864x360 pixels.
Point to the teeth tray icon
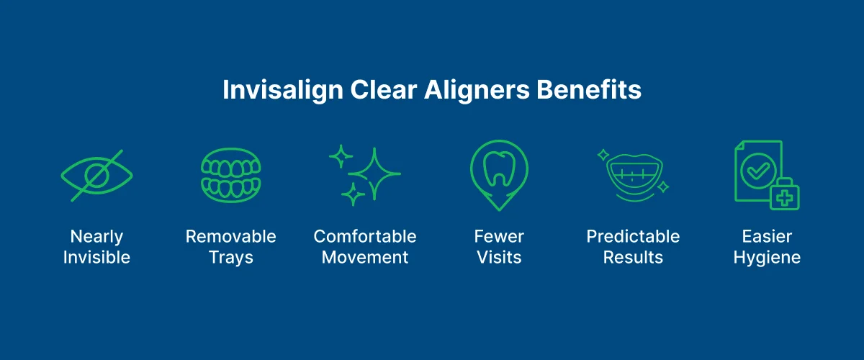pyautogui.click(x=230, y=175)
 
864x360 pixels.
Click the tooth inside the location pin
pyautogui.click(x=498, y=169)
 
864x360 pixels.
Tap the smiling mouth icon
pyautogui.click(x=632, y=177)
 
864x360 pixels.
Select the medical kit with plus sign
pyautogui.click(x=784, y=194)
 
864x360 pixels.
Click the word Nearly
pyautogui.click(x=96, y=236)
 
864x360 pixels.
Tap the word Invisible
pyautogui.click(x=96, y=257)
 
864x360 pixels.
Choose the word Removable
pyautogui.click(x=230, y=236)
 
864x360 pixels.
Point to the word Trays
pyautogui.click(x=230, y=257)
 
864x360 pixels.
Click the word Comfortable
pyautogui.click(x=365, y=236)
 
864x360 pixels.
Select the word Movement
pyautogui.click(x=365, y=257)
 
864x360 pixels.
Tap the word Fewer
pyautogui.click(x=499, y=236)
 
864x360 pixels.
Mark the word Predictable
pyautogui.click(x=633, y=236)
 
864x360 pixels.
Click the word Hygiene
pyautogui.click(x=767, y=258)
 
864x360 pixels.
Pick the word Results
pyautogui.click(x=633, y=257)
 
